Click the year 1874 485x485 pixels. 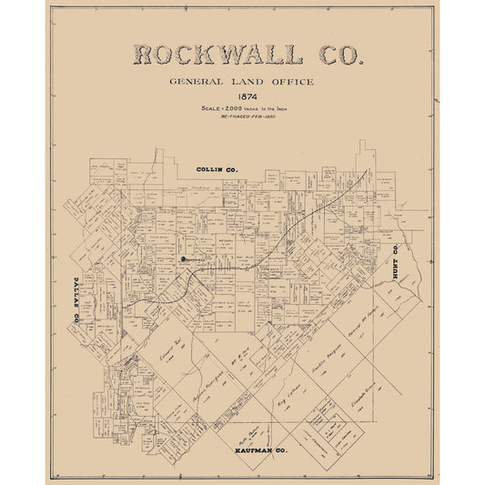click(x=242, y=96)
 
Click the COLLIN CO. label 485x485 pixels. click(x=217, y=170)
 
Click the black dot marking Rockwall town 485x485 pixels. click(x=181, y=259)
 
